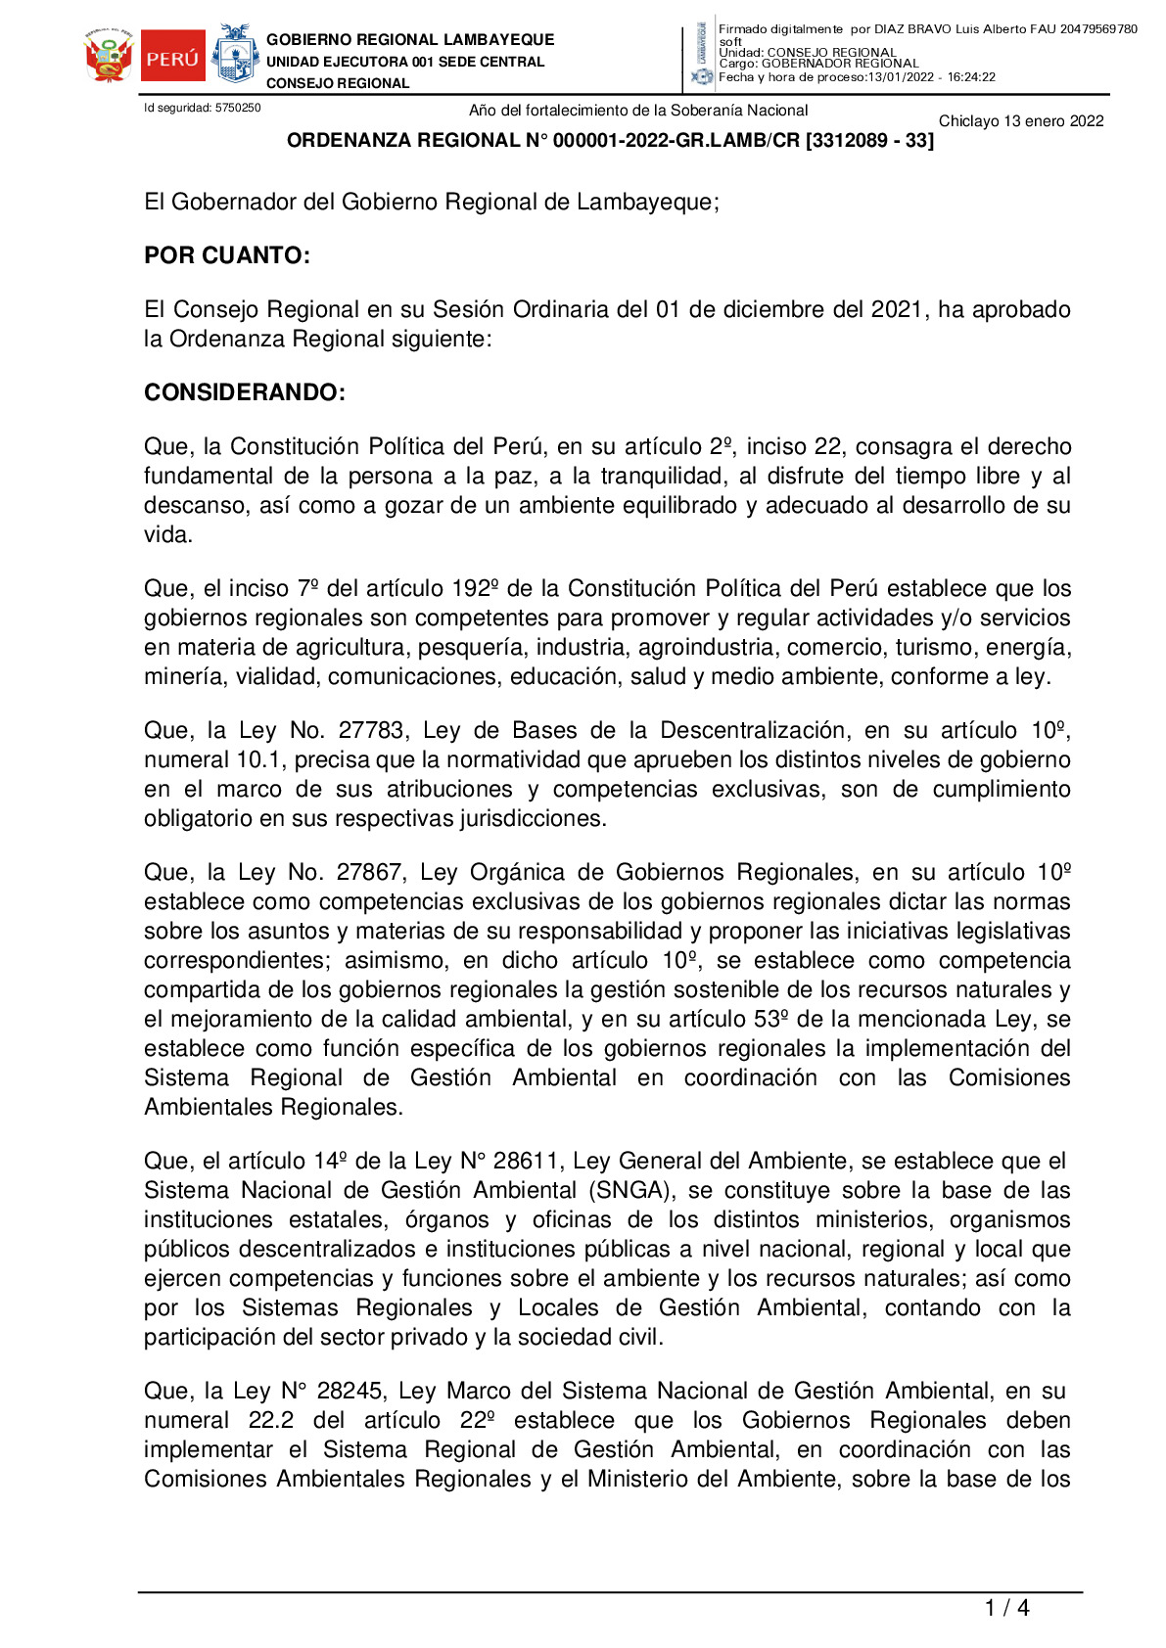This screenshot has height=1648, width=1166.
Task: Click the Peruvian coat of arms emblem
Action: click(109, 57)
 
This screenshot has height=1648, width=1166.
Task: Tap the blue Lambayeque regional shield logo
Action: click(235, 55)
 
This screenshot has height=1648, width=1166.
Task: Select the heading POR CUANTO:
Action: click(227, 255)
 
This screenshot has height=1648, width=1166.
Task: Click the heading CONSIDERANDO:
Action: click(245, 392)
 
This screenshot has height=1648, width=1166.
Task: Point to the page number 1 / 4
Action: click(1006, 1608)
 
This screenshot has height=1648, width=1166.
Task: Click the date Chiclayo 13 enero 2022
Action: click(1021, 121)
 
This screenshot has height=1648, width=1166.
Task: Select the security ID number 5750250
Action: click(238, 108)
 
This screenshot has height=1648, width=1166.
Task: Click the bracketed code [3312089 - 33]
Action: click(869, 141)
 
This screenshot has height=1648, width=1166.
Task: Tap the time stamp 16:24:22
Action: click(971, 77)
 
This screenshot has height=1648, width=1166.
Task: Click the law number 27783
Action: click(371, 730)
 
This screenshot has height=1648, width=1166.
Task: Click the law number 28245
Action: click(350, 1391)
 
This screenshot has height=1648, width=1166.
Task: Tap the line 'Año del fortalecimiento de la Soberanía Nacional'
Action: click(638, 111)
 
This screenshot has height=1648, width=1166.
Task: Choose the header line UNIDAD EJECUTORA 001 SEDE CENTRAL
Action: click(405, 62)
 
